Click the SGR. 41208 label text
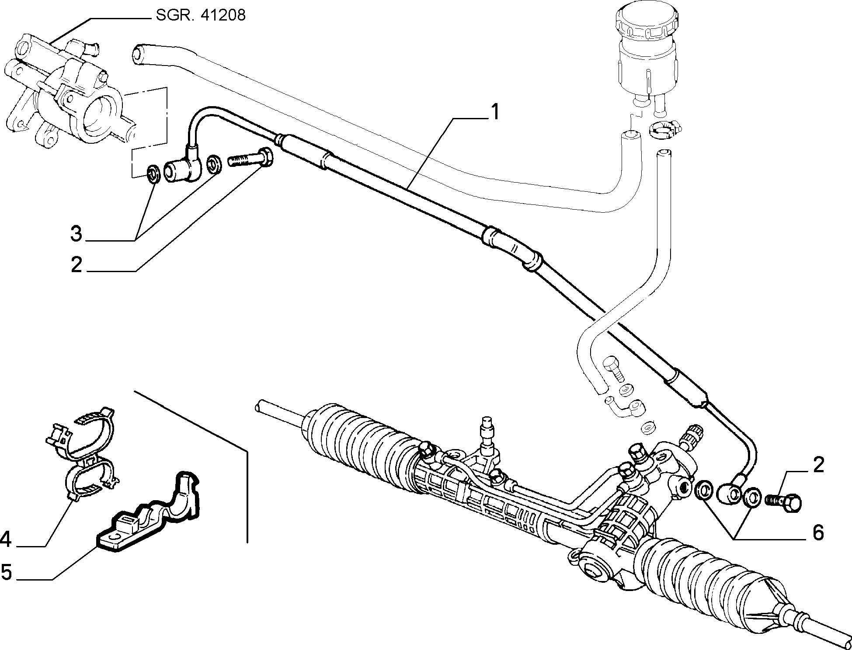coord(200,16)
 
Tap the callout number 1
coord(494,113)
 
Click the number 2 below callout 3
coord(77,265)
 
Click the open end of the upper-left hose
coord(137,54)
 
